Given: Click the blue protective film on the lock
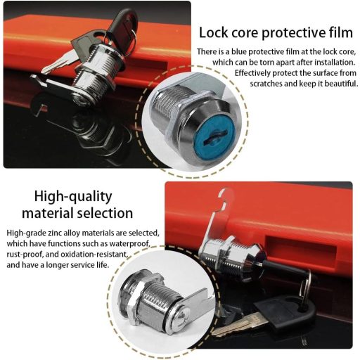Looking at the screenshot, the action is point(214,136).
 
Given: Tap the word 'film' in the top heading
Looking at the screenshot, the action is point(341,32).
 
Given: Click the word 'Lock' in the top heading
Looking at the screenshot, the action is point(213,32).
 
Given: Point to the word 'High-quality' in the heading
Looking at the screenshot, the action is point(73,197).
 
